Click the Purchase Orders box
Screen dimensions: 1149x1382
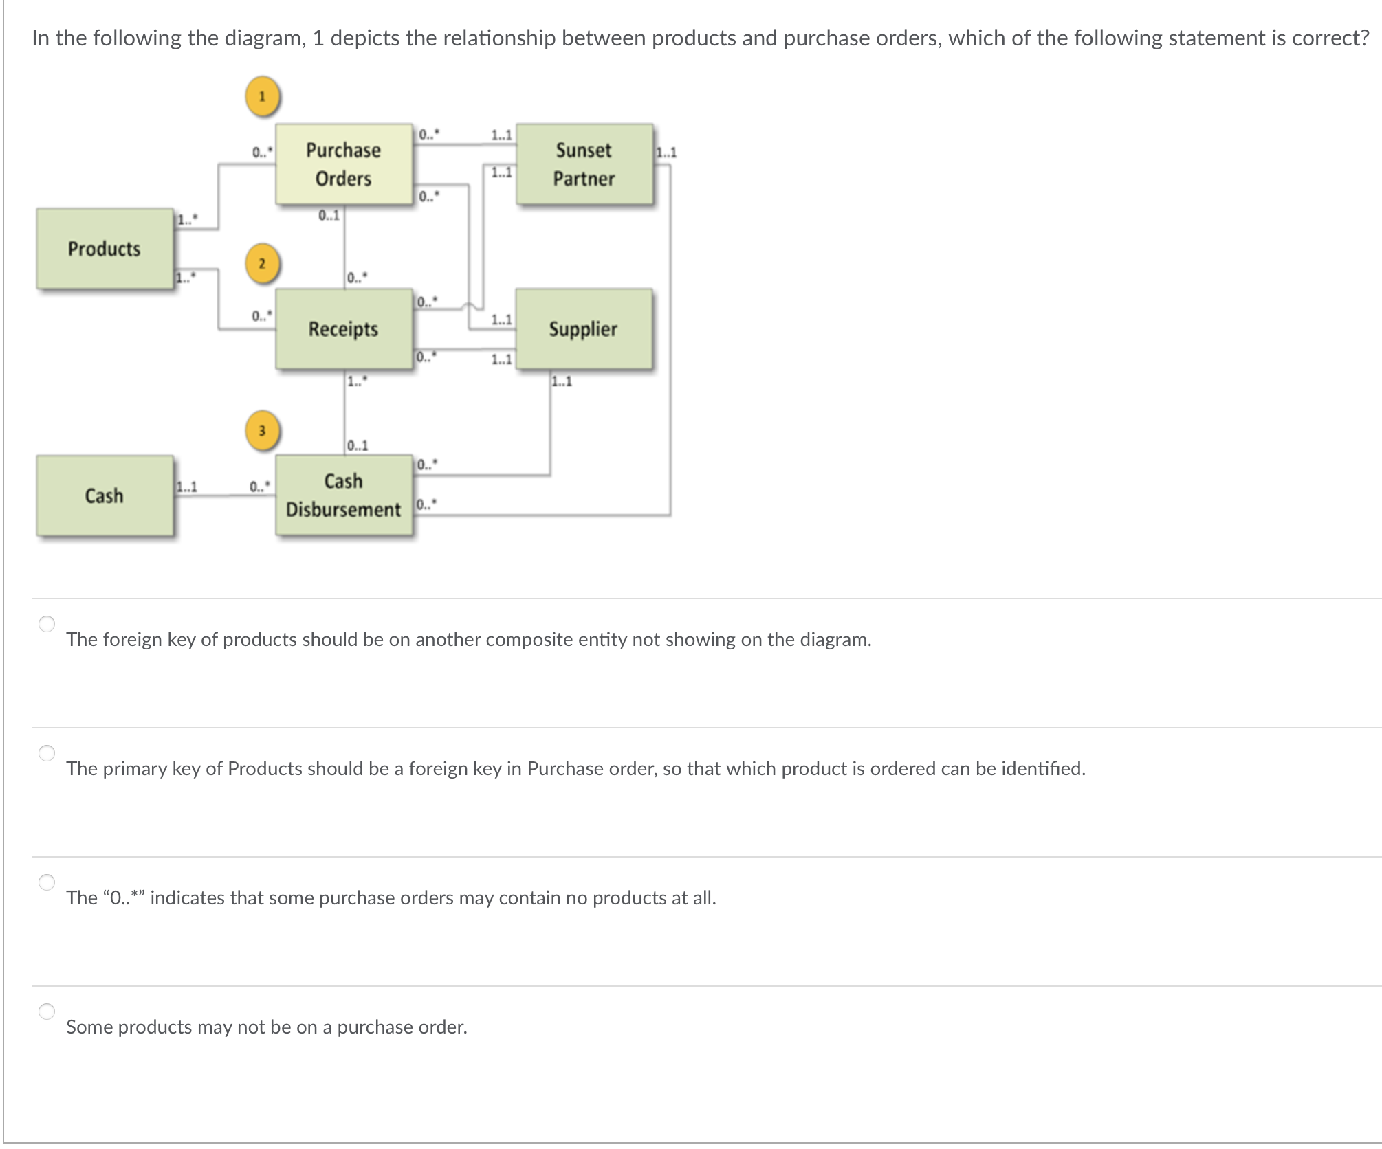344,164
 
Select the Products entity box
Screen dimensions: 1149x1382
105,249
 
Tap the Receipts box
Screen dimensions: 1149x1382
344,329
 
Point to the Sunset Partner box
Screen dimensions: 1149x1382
584,164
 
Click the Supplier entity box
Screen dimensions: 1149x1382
584,329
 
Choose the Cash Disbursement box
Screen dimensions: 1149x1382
344,495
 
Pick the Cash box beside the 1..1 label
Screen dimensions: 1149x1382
105,495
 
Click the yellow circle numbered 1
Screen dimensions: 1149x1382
262,96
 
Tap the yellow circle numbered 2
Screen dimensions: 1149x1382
262,263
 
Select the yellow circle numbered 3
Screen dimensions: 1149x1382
262,431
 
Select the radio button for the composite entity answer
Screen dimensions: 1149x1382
47,624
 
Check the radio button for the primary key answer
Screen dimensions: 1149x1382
47,753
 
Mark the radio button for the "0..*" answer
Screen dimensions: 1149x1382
47,882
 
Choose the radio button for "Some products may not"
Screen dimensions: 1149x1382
47,1012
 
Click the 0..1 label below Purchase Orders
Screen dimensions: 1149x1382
329,216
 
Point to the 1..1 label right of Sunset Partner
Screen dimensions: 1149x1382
666,153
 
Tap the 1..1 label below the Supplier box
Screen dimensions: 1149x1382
562,382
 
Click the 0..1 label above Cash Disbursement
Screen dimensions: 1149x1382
358,446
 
